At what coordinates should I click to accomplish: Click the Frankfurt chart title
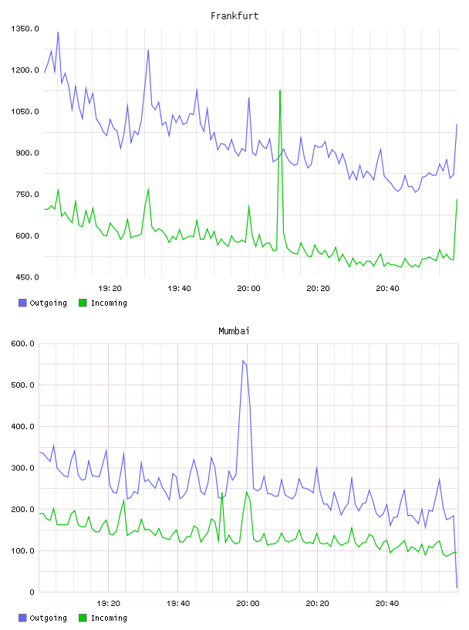(235, 16)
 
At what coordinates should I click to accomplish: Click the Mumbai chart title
(234, 331)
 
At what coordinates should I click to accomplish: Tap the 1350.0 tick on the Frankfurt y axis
(25, 29)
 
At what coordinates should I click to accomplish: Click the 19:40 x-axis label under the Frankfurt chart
(179, 289)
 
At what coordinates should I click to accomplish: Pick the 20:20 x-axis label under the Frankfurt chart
(318, 289)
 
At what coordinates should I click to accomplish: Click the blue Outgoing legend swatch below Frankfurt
(22, 303)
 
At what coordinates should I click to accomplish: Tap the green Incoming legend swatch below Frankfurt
(83, 303)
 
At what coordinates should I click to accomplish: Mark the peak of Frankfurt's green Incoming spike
(280, 91)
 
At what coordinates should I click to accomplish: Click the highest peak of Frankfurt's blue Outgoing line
(58, 32)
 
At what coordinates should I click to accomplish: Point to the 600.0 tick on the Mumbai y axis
(22, 344)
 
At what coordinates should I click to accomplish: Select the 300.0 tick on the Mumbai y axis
(22, 468)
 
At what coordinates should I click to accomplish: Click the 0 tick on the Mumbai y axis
(32, 592)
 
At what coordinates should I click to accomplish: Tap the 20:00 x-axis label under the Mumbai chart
(248, 604)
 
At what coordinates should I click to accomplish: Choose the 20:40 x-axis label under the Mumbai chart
(387, 604)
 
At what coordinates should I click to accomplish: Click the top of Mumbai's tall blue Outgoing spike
(243, 361)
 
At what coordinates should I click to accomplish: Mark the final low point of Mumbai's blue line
(457, 588)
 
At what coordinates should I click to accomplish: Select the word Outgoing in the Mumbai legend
(48, 618)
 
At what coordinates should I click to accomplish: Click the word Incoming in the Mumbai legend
(109, 618)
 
